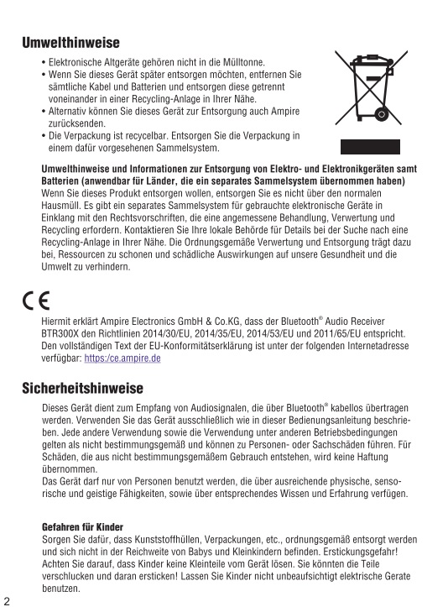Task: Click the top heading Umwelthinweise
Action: (x=70, y=43)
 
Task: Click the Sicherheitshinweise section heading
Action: (x=82, y=388)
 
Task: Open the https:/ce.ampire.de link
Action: (x=122, y=358)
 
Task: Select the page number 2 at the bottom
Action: (x=7, y=601)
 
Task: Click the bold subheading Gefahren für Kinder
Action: (x=82, y=527)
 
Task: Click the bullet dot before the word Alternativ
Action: (x=44, y=111)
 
